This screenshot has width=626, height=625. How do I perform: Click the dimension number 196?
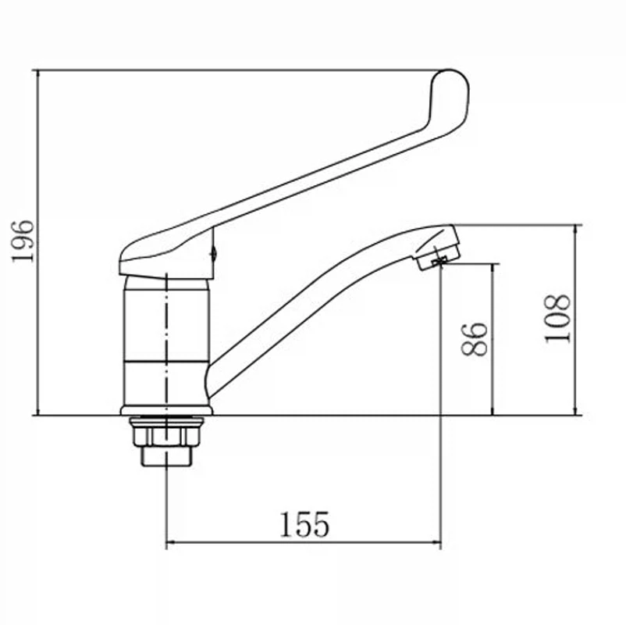(23, 241)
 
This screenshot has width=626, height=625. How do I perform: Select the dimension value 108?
(558, 319)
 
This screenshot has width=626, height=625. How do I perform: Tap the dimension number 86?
(475, 339)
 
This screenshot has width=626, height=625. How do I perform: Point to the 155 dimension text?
(304, 524)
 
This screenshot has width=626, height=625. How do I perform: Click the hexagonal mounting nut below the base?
(166, 437)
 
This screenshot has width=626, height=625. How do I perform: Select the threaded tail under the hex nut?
(166, 456)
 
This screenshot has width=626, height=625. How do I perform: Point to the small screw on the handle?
(214, 252)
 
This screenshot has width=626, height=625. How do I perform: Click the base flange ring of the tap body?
(166, 410)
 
